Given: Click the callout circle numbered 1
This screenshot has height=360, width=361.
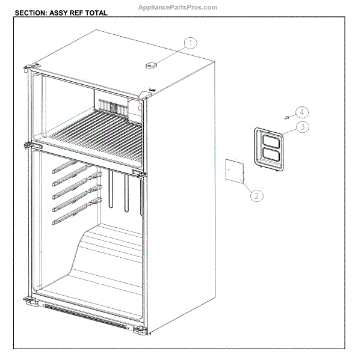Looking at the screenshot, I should (191, 43).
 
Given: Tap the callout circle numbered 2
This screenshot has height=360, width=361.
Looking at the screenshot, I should (256, 195).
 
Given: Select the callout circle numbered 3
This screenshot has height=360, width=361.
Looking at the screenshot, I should (303, 127).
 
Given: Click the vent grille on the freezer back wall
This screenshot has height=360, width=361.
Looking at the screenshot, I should (111, 107).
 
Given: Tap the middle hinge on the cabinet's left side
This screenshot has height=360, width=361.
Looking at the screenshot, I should (28, 144).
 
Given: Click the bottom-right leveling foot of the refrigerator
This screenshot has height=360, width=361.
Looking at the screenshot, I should (139, 329).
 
